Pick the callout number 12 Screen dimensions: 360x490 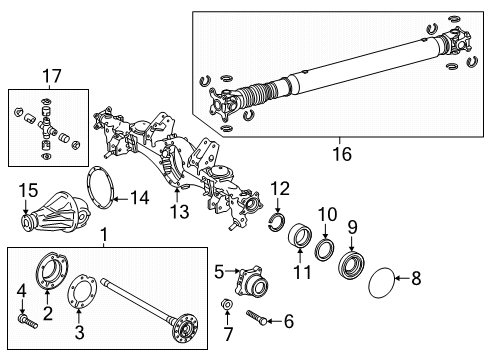(280, 188)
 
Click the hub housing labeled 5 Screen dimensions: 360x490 (247, 281)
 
